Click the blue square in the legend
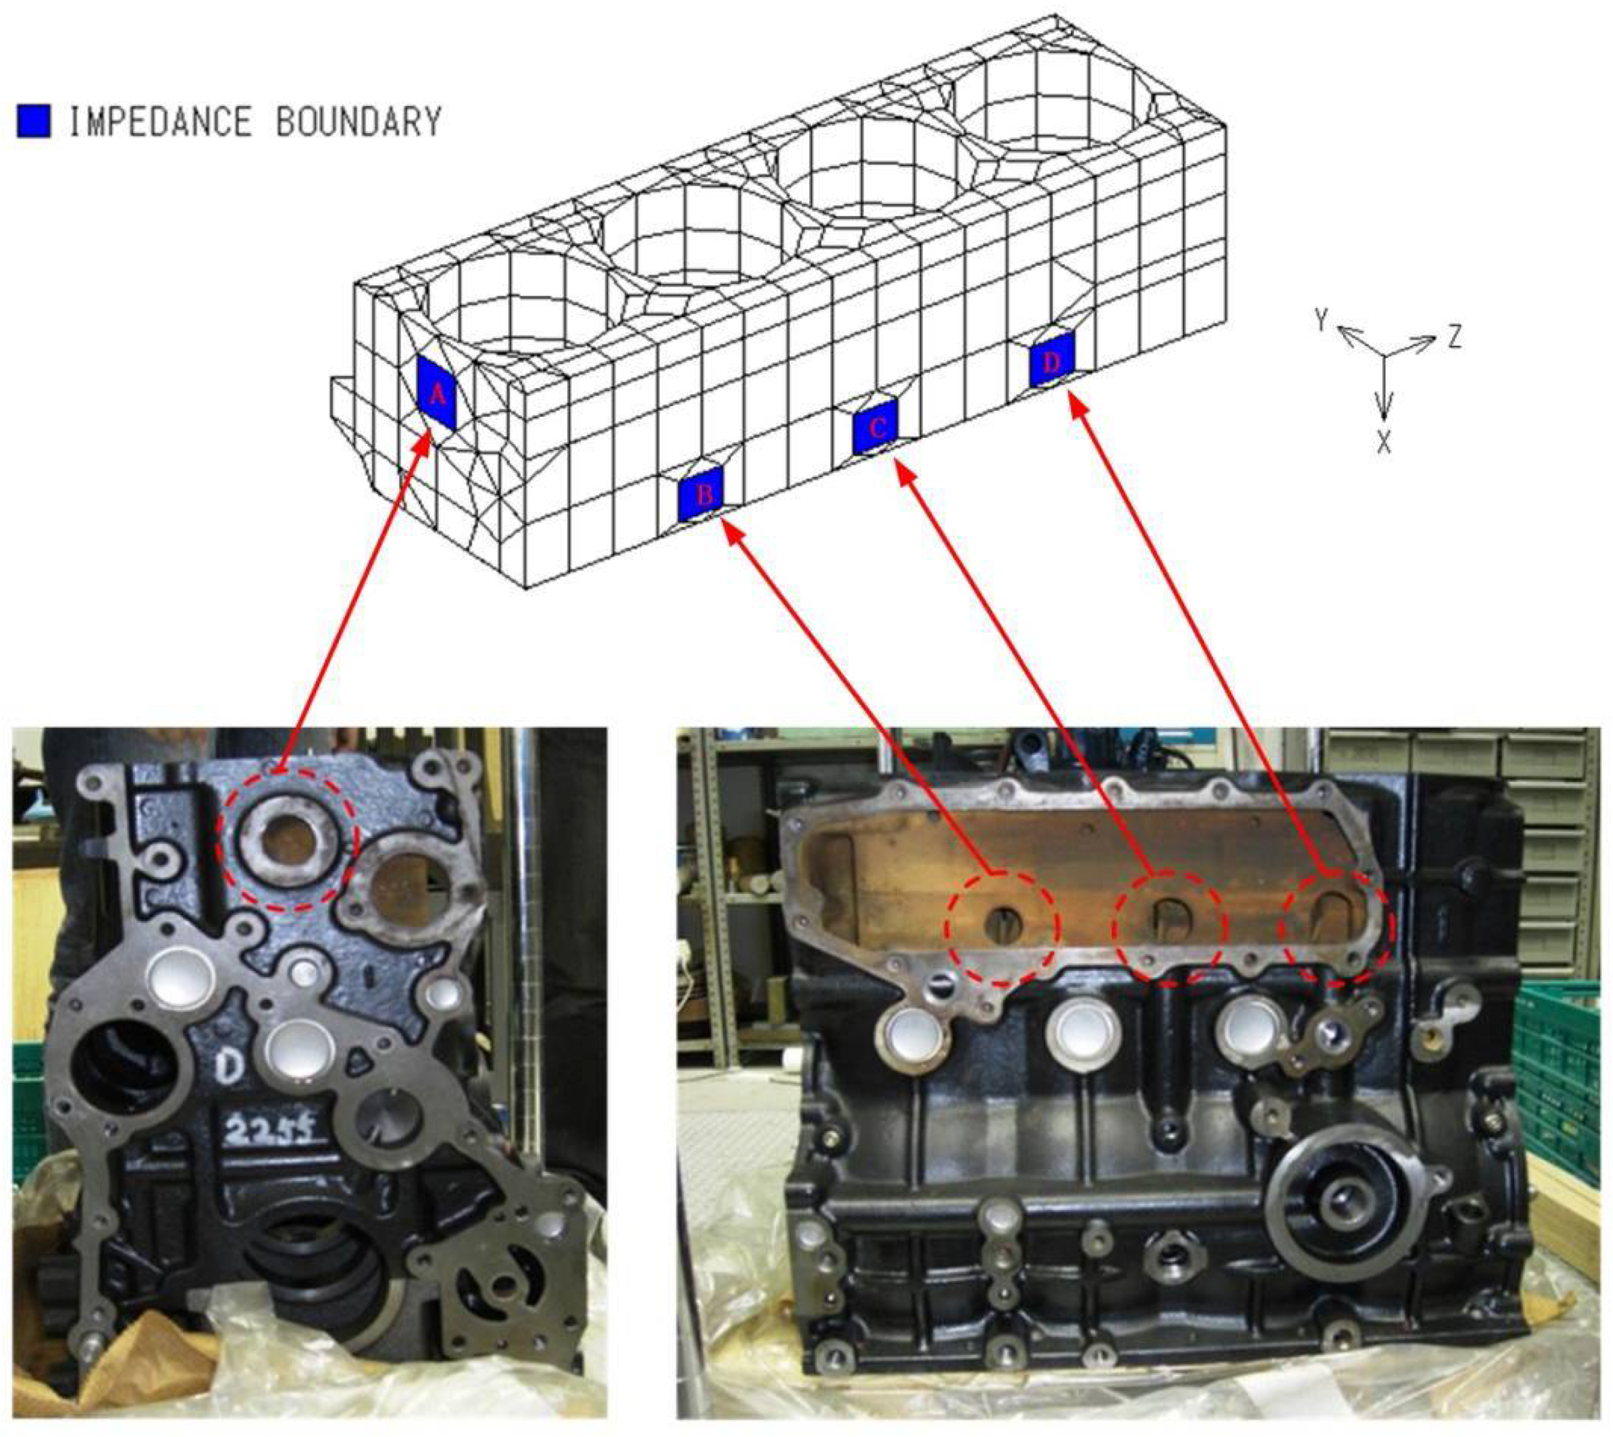(x=33, y=121)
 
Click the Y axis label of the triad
(x=1322, y=321)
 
